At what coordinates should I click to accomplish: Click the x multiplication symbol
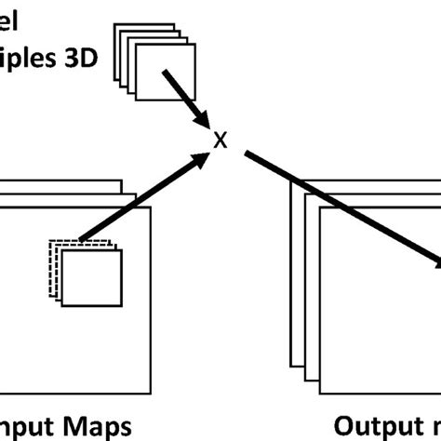point(220,141)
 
